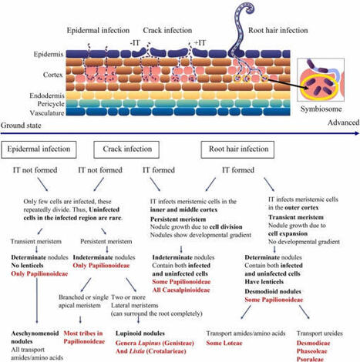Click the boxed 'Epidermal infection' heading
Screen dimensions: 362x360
click(x=39, y=148)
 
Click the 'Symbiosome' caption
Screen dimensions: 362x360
click(x=326, y=109)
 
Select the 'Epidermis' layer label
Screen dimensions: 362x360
click(x=22, y=55)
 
